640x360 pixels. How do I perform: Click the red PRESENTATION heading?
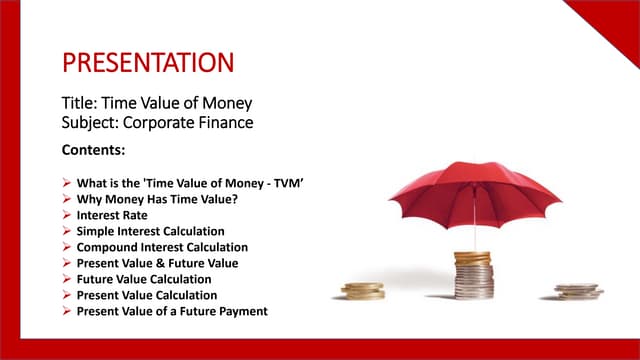pyautogui.click(x=148, y=63)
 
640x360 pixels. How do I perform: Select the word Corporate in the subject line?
pyautogui.click(x=165, y=124)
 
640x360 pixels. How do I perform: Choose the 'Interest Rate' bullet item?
pyautogui.click(x=111, y=215)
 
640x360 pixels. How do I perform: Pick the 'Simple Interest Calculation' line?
pyautogui.click(x=151, y=231)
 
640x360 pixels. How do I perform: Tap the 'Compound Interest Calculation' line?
pyautogui.click(x=162, y=247)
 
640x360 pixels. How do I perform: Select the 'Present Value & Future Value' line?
pyautogui.click(x=158, y=263)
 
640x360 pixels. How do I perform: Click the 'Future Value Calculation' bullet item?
pyautogui.click(x=144, y=279)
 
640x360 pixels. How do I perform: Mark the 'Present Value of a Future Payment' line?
pyautogui.click(x=172, y=311)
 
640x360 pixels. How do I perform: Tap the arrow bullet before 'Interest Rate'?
pyautogui.click(x=66, y=215)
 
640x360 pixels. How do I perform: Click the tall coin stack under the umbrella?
pyautogui.click(x=473, y=276)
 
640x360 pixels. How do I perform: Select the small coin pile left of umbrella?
pyautogui.click(x=362, y=291)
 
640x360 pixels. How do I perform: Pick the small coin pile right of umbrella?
pyautogui.click(x=578, y=292)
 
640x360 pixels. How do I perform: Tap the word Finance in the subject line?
pyautogui.click(x=228, y=124)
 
